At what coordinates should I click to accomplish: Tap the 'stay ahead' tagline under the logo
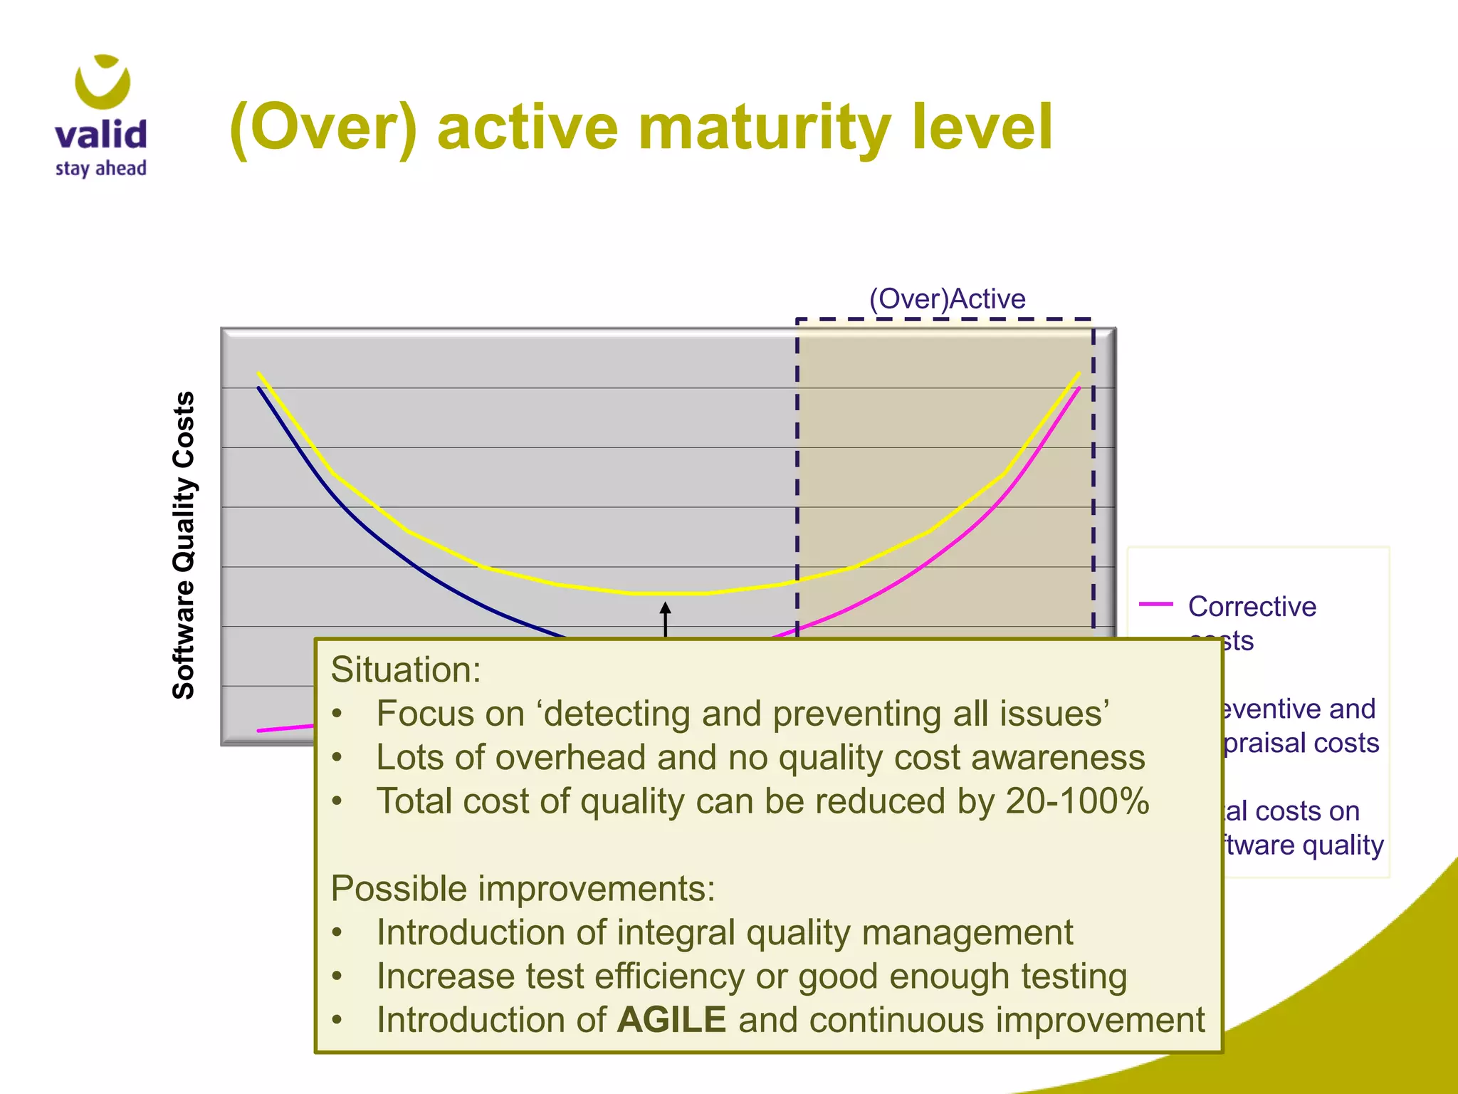coord(100,169)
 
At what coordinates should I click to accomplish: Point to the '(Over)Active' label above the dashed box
coord(947,299)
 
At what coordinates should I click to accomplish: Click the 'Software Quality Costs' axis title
coord(184,545)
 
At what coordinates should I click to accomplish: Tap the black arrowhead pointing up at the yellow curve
coord(665,608)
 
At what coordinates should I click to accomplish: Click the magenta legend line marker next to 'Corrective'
coord(1155,605)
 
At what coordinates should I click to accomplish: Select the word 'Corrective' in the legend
coord(1252,607)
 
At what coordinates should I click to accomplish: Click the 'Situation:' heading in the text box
coord(406,670)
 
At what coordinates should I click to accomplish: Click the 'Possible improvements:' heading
coord(523,889)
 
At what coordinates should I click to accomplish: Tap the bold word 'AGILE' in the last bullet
coord(671,1020)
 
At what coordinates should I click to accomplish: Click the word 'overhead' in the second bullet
coord(570,758)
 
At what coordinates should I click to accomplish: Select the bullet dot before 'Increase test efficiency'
coord(337,976)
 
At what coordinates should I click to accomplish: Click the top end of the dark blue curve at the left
coord(259,389)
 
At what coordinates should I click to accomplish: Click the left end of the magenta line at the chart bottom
coord(260,730)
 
